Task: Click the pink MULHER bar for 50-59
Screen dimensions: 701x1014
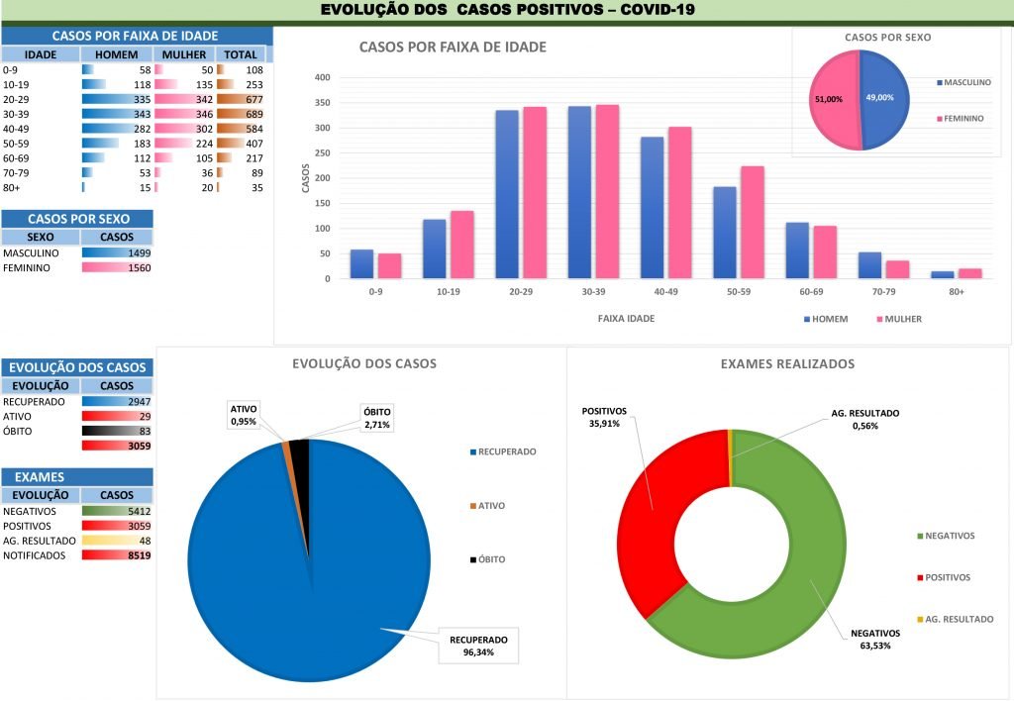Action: [x=753, y=223]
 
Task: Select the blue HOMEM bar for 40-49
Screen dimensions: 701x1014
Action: [x=652, y=208]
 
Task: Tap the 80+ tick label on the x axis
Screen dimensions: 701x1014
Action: [x=957, y=292]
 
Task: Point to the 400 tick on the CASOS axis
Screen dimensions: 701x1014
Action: [x=321, y=77]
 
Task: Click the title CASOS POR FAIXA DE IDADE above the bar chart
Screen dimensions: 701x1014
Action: [x=452, y=47]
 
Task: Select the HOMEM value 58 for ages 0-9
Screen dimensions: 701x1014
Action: [x=145, y=70]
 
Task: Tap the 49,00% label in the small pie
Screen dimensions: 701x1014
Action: [x=879, y=98]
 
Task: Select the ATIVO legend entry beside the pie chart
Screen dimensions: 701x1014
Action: [x=490, y=505]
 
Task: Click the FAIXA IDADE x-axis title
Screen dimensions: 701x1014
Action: [x=626, y=319]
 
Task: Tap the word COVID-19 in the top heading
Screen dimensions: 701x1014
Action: [x=657, y=10]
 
